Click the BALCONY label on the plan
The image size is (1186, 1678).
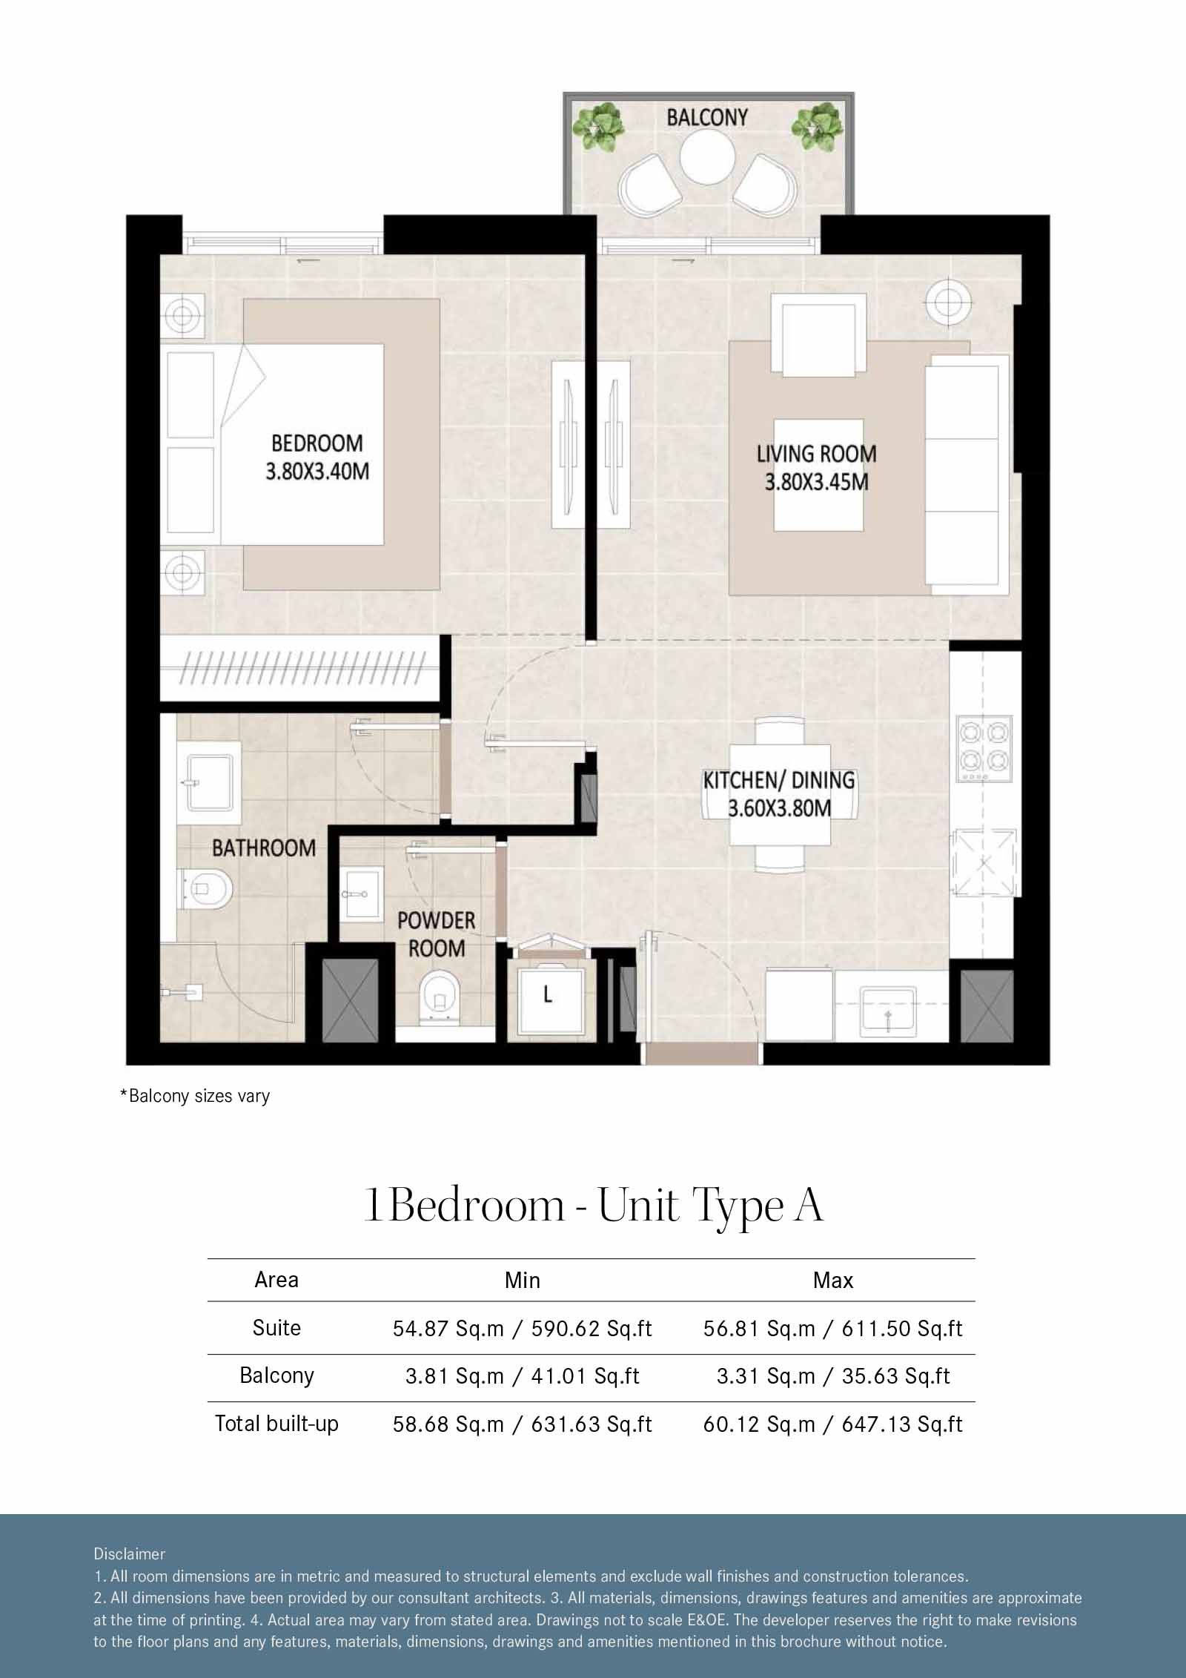pyautogui.click(x=707, y=117)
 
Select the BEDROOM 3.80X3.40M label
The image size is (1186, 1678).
pyautogui.click(x=317, y=457)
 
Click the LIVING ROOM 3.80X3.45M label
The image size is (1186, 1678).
pyautogui.click(x=816, y=468)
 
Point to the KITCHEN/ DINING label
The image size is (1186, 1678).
pyautogui.click(x=779, y=793)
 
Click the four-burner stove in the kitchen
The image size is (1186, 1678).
pyautogui.click(x=985, y=747)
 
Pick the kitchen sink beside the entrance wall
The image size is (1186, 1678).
pyautogui.click(x=887, y=1009)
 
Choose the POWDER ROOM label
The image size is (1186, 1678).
pyautogui.click(x=437, y=934)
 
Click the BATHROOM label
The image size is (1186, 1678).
pyautogui.click(x=264, y=848)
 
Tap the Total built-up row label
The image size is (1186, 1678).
pyautogui.click(x=276, y=1424)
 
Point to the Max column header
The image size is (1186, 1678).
pyautogui.click(x=833, y=1280)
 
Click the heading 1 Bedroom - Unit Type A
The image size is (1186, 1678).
pyautogui.click(x=593, y=1206)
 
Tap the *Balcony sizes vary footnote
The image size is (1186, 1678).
pyautogui.click(x=195, y=1096)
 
